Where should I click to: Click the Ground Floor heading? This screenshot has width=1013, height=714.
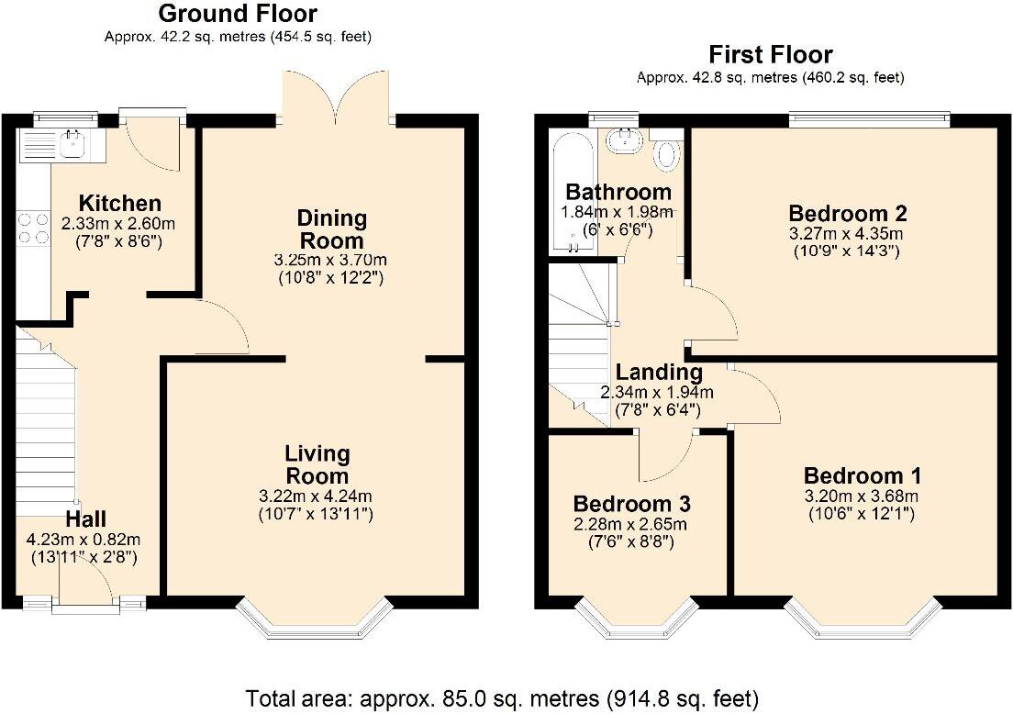click(238, 14)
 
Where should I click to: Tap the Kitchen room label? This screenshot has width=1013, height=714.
click(119, 203)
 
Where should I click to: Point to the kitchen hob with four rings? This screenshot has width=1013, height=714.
click(33, 228)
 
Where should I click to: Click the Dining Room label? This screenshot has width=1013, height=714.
click(331, 229)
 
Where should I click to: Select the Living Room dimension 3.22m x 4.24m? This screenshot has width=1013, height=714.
click(317, 496)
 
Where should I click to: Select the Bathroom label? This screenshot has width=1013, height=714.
click(618, 193)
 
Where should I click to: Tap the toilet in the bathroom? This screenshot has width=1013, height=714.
click(665, 152)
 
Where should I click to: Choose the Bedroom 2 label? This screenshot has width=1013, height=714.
click(848, 213)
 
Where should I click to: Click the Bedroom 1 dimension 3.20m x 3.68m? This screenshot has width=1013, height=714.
click(863, 496)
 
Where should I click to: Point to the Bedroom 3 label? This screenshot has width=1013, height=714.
click(631, 504)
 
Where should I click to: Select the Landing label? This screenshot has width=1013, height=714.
click(658, 373)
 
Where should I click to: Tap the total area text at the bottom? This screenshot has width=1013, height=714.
click(502, 698)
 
